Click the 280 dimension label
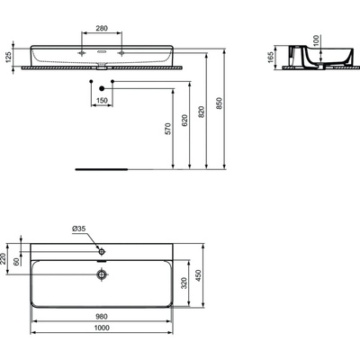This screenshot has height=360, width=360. coord(102,29)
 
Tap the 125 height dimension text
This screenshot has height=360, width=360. coord(8,57)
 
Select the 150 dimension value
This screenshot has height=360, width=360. coord(102,101)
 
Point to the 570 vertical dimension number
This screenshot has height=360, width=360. coord(168,129)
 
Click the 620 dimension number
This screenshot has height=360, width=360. coord(184,120)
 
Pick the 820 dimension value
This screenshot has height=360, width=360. coord(202,112)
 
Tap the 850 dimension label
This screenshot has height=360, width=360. coord(220,103)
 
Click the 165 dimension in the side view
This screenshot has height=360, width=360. coord(271,58)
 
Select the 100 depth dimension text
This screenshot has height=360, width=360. coord(316,40)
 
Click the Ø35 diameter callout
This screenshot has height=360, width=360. coord(79,229)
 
